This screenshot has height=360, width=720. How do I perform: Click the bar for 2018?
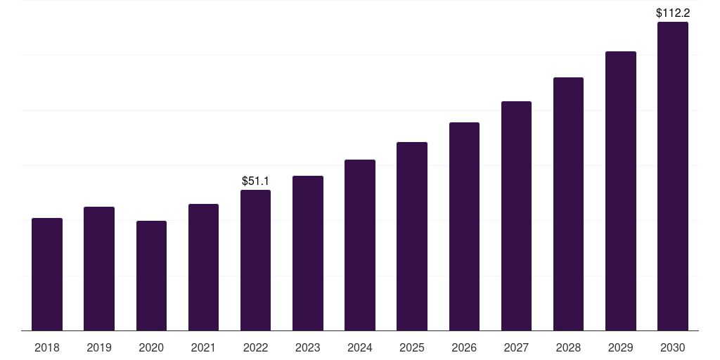(x=47, y=274)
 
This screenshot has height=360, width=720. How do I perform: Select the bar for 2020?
(x=151, y=276)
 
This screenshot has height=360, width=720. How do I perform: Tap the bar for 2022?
(x=255, y=260)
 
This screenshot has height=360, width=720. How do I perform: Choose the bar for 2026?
(x=464, y=226)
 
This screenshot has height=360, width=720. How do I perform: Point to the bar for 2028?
(x=568, y=204)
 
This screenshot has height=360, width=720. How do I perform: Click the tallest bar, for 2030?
(x=672, y=176)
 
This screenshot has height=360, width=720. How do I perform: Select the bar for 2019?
(x=99, y=269)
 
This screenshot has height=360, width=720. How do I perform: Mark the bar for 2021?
(x=203, y=267)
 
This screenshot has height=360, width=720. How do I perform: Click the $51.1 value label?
(x=255, y=181)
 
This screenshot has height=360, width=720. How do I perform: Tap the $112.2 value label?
(x=672, y=13)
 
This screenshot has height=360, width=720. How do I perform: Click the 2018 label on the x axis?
(x=47, y=347)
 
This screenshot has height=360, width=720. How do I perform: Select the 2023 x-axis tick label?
(x=307, y=347)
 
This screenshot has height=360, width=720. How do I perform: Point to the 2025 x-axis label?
(x=412, y=347)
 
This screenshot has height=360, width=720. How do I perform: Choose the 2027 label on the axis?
(x=516, y=347)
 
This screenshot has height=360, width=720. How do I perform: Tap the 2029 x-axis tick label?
(x=620, y=347)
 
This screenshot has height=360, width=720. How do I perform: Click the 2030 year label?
(x=672, y=347)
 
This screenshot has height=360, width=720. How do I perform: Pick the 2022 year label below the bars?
(x=255, y=347)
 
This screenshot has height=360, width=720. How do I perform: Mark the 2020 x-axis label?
(x=151, y=347)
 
